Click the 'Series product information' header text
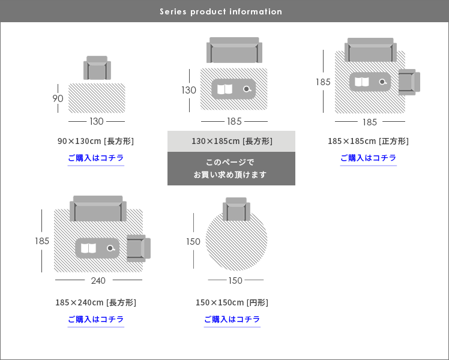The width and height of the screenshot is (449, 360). (221, 11)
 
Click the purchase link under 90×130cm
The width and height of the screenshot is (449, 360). (96, 158)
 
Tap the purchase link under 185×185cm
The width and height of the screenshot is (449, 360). (368, 158)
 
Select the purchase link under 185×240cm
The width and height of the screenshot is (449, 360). (96, 319)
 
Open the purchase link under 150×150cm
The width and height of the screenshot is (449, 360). (232, 319)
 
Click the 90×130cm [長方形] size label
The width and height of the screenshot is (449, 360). (96, 142)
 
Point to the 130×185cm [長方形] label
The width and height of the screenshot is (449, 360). (232, 142)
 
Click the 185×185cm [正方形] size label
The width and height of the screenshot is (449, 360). (368, 142)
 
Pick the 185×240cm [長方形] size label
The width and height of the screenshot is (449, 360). (96, 302)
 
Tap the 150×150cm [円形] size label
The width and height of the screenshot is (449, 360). (232, 302)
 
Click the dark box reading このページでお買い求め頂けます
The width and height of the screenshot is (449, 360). (231, 169)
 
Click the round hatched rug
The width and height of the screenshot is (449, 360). (237, 240)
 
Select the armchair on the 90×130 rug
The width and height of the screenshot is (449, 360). (97, 68)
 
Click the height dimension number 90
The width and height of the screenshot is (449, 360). (58, 99)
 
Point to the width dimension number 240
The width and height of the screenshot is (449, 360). (98, 280)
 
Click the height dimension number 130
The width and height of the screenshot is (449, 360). (189, 90)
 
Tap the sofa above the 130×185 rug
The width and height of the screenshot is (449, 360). (234, 51)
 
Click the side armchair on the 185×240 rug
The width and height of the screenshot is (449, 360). (137, 248)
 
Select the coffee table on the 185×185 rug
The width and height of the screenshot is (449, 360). (370, 82)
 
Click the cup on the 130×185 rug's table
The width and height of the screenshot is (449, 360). (247, 89)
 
